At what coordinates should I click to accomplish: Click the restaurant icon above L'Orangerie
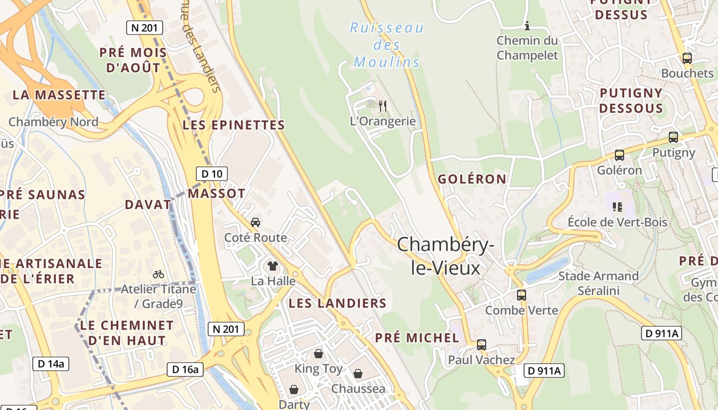click(x=382, y=106)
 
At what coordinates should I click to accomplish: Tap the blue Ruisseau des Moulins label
click(x=387, y=45)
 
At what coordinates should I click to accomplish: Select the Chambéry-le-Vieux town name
click(x=445, y=256)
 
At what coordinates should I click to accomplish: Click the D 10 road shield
click(x=211, y=174)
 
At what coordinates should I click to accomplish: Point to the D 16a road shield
click(x=185, y=369)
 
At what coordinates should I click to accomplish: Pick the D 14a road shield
click(x=51, y=364)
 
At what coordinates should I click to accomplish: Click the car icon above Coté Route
click(x=255, y=222)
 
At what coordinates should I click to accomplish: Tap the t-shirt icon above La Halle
click(x=272, y=265)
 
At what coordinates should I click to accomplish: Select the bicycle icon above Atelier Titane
click(x=158, y=274)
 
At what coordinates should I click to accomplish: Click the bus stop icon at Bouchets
click(x=687, y=58)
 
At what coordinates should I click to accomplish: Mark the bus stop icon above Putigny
click(x=673, y=137)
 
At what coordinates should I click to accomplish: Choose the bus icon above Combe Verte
click(x=521, y=295)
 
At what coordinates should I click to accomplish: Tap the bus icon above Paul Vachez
click(x=481, y=345)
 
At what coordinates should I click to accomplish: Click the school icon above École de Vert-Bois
click(x=617, y=207)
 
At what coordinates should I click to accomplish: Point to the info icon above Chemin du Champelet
click(x=527, y=26)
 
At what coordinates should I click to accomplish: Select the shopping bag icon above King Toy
click(x=318, y=354)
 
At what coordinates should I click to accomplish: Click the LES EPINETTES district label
click(x=233, y=125)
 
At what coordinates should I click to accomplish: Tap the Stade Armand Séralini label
click(x=598, y=283)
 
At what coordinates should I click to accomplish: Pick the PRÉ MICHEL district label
click(x=417, y=338)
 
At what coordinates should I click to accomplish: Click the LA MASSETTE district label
click(x=59, y=95)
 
